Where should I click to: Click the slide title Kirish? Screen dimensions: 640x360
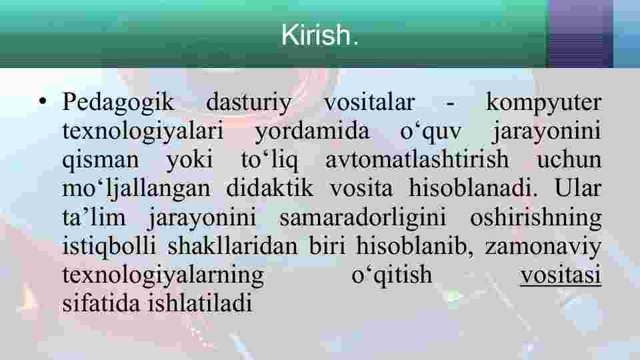(x=319, y=35)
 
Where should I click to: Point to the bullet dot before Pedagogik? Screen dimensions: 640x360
(x=43, y=101)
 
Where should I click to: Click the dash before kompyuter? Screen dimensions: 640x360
(x=450, y=105)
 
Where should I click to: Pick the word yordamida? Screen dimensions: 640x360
(x=312, y=132)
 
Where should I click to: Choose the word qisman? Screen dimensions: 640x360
(x=101, y=161)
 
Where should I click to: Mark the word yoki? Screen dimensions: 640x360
(x=190, y=159)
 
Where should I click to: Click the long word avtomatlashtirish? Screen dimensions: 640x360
(x=417, y=159)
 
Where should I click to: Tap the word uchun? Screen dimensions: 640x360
(x=569, y=159)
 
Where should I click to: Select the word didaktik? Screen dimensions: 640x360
(x=270, y=188)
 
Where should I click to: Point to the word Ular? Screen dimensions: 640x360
(x=578, y=188)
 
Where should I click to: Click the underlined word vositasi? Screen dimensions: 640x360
(x=561, y=275)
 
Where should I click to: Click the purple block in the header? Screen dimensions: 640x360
(x=580, y=33)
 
